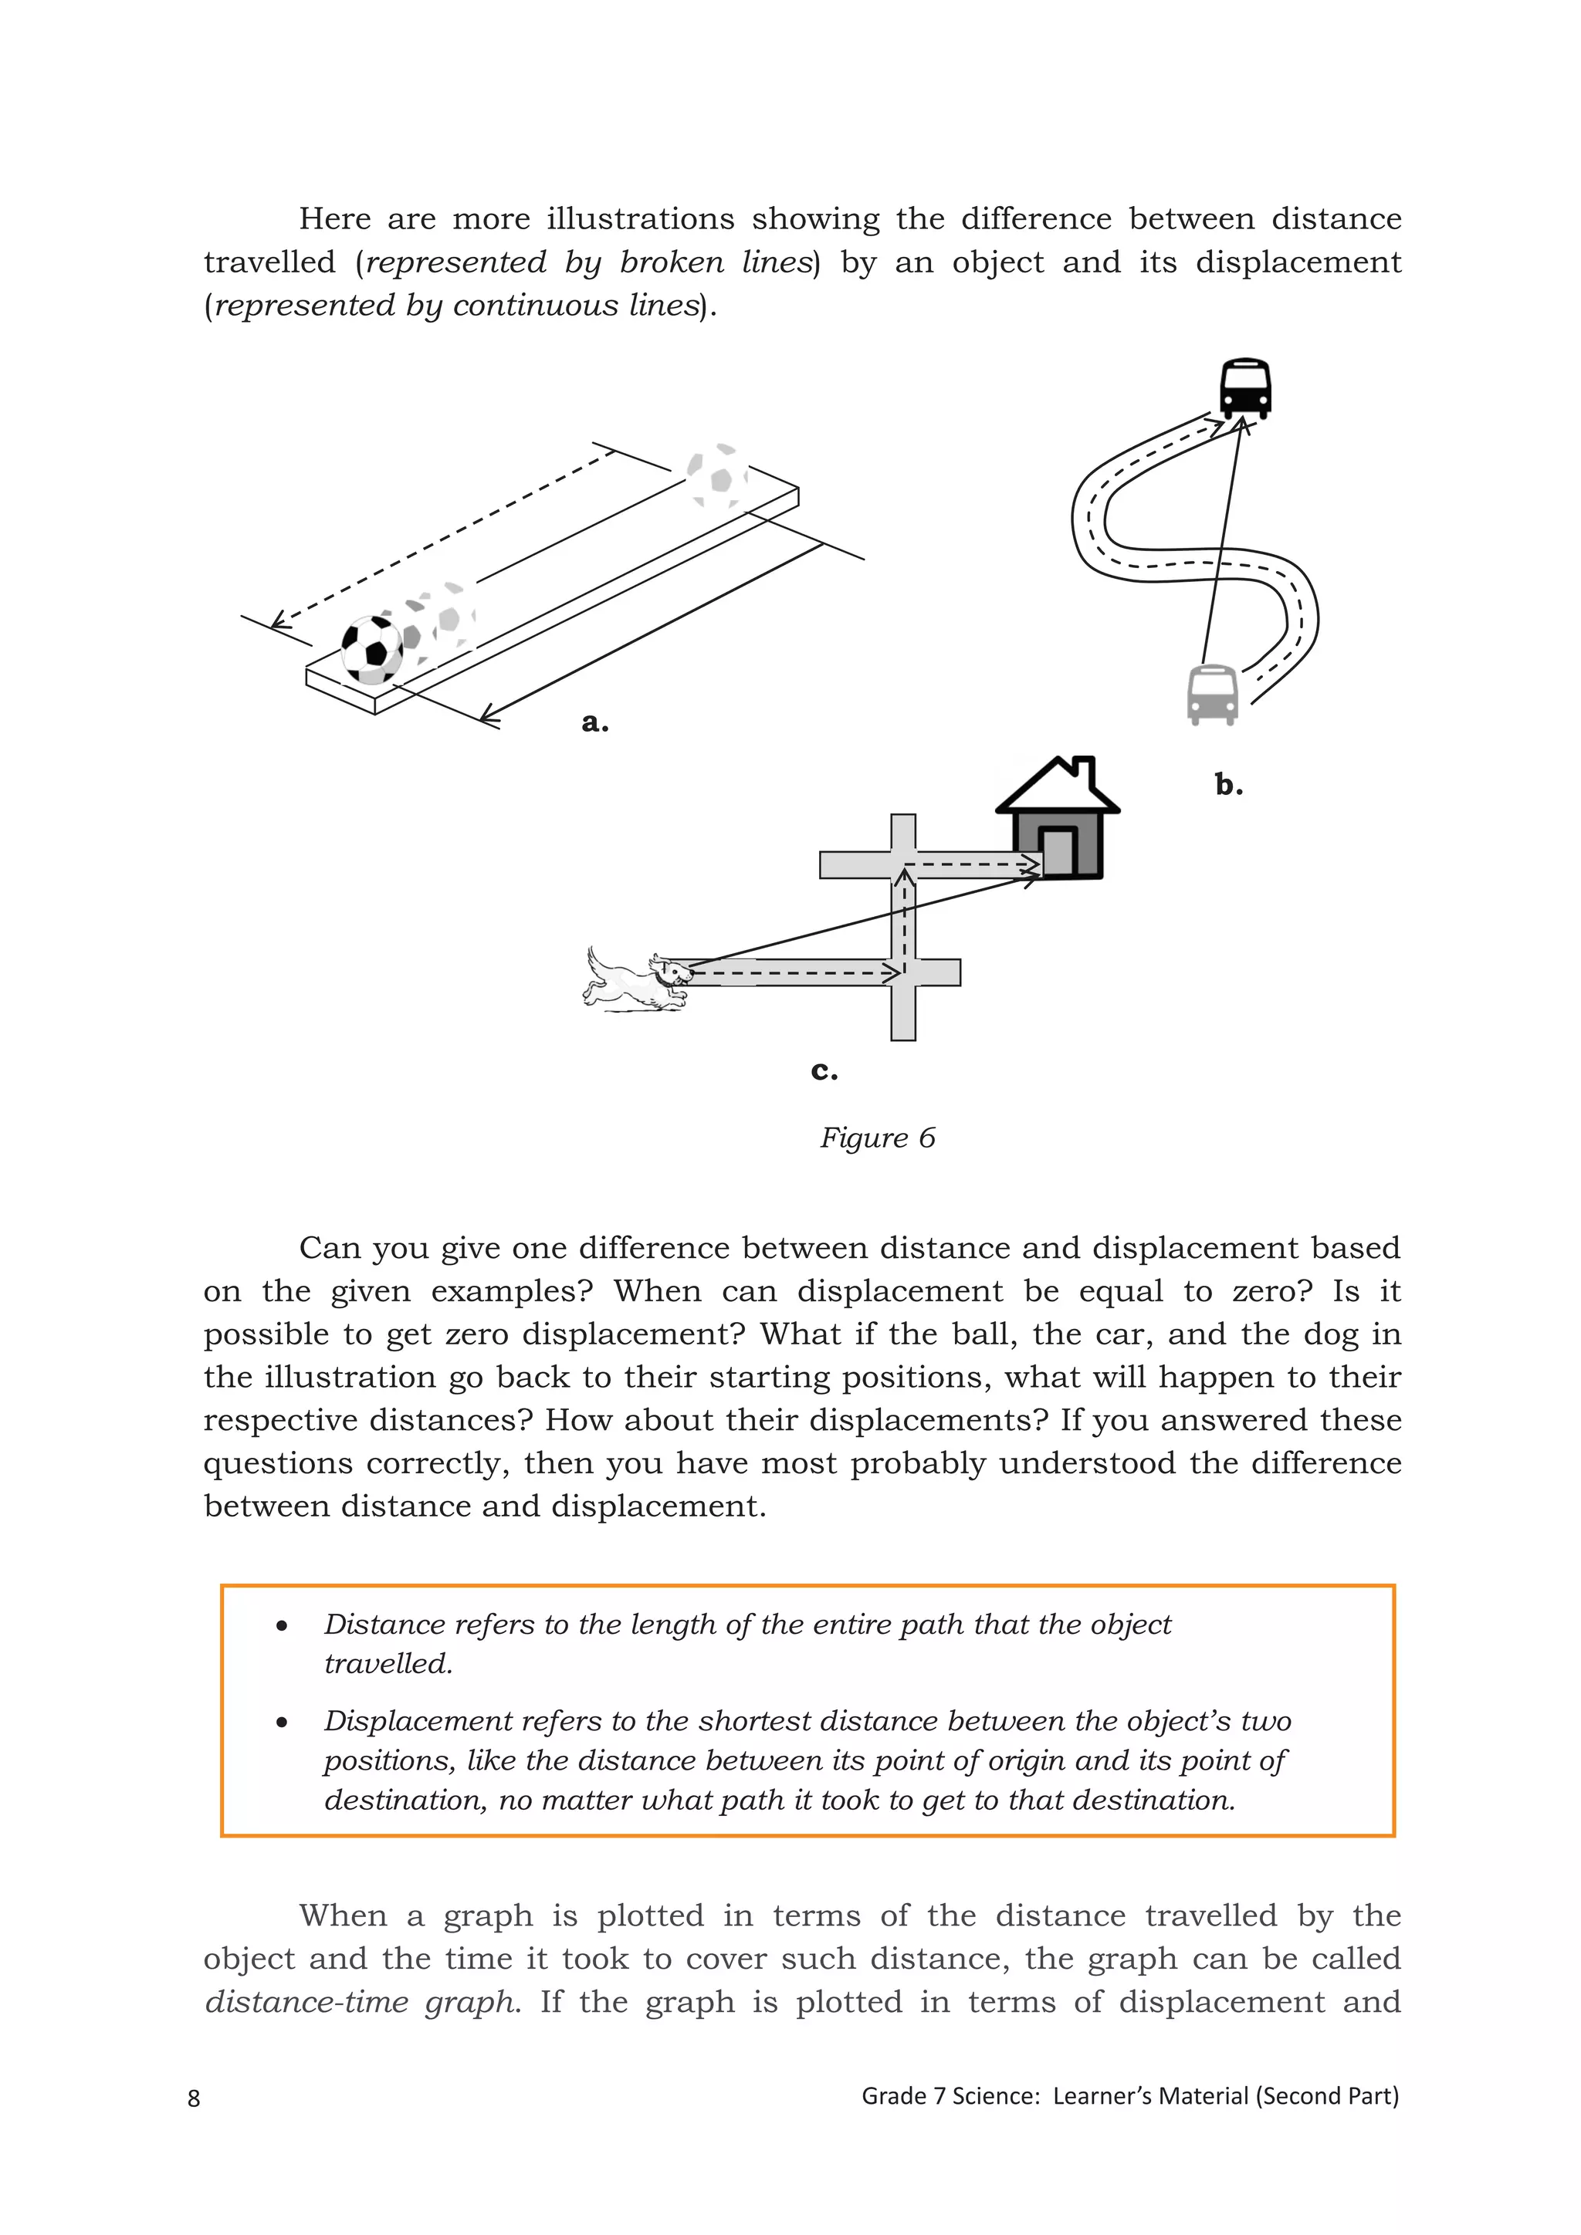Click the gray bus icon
pos(1212,694)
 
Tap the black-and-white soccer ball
pos(372,649)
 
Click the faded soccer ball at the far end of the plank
pos(716,476)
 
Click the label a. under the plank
pos(595,722)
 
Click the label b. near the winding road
pos(1228,785)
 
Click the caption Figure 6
pos(877,1138)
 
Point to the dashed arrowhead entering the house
pos(1030,864)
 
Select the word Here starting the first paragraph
pos(334,218)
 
